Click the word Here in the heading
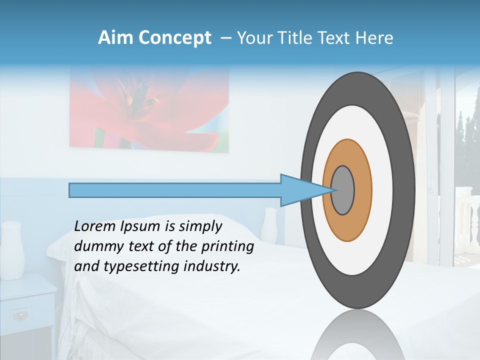click(x=374, y=38)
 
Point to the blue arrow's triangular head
click(x=300, y=190)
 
